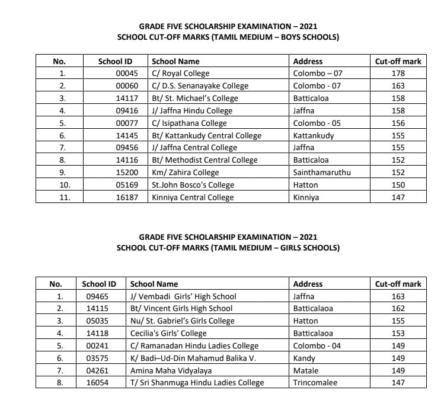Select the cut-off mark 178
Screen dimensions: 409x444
click(398, 74)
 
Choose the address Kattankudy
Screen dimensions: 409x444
click(314, 135)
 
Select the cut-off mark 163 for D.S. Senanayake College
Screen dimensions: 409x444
click(398, 86)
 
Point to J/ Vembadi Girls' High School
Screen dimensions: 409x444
click(183, 296)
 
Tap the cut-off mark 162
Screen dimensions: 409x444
click(398, 309)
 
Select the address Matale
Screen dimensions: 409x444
click(306, 370)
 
